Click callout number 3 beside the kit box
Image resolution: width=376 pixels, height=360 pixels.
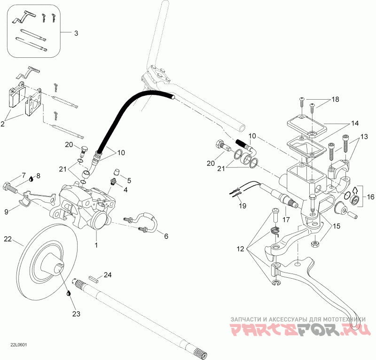(x=76, y=33)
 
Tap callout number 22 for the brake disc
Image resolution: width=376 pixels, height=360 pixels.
(x=7, y=239)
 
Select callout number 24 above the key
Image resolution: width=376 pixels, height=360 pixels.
(x=108, y=274)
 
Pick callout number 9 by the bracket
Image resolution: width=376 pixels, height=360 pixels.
(x=7, y=212)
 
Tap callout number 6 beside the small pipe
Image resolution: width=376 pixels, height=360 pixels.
(x=165, y=236)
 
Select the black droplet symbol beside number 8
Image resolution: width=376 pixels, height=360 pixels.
(x=31, y=179)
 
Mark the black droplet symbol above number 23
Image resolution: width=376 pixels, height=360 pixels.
(x=69, y=293)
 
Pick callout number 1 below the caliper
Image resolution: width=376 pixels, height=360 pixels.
(x=97, y=244)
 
